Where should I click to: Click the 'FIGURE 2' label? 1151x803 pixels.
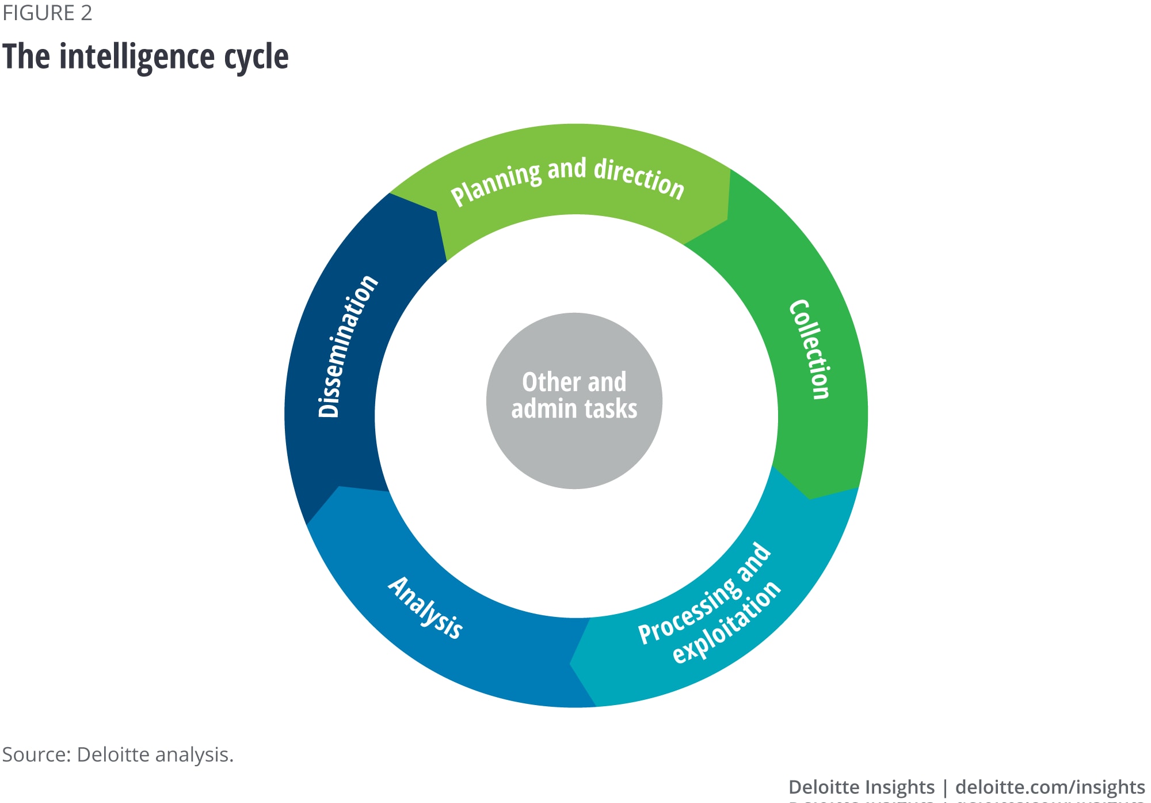coord(47,13)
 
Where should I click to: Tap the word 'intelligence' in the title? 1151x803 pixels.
coord(136,57)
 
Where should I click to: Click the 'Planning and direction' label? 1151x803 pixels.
coord(567,180)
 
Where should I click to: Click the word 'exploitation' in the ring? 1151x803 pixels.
coord(727,622)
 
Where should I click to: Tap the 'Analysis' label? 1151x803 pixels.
coord(426,608)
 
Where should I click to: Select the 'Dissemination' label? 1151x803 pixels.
coord(348,346)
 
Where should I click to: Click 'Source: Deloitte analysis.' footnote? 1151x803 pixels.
coord(118,755)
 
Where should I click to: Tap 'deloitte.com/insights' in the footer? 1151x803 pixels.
coord(1050,787)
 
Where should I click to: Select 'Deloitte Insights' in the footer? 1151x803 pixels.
coord(861,787)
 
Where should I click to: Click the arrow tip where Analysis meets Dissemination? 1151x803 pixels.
coord(340,487)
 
